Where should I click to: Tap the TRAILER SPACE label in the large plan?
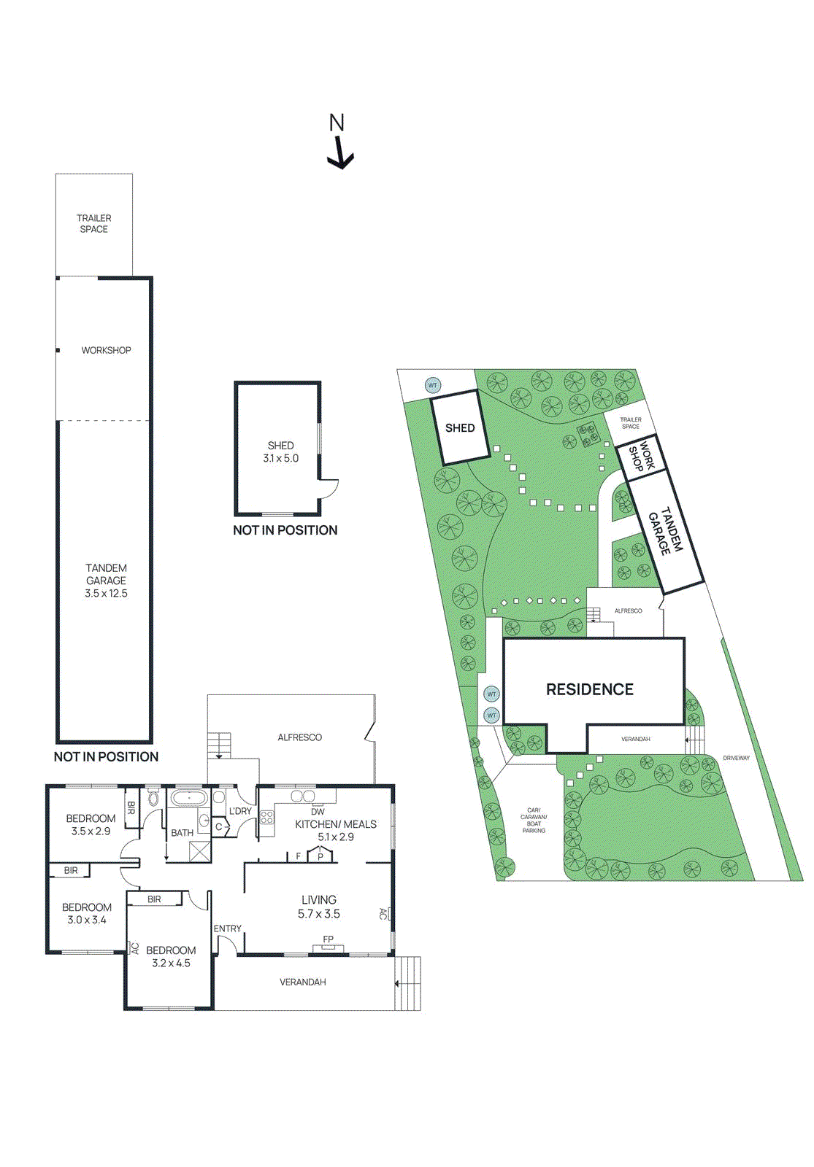pyautogui.click(x=93, y=223)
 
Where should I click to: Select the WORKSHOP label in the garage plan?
pyautogui.click(x=106, y=350)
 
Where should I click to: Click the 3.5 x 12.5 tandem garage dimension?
pyautogui.click(x=106, y=594)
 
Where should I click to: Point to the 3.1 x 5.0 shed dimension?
pyautogui.click(x=280, y=459)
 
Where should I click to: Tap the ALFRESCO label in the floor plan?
pyautogui.click(x=299, y=737)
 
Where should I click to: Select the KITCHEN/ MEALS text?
pyautogui.click(x=336, y=824)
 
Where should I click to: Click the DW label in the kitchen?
pyautogui.click(x=318, y=812)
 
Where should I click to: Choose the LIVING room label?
pyautogui.click(x=319, y=900)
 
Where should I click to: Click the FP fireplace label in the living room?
pyautogui.click(x=328, y=939)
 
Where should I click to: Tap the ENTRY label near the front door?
pyautogui.click(x=227, y=928)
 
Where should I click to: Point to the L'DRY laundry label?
pyautogui.click(x=240, y=811)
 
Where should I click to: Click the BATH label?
pyautogui.click(x=182, y=833)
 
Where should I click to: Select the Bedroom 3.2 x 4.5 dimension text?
pyautogui.click(x=171, y=964)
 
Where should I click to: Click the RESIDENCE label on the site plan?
pyautogui.click(x=590, y=689)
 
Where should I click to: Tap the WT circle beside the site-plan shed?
pyautogui.click(x=432, y=385)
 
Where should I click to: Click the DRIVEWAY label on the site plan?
pyautogui.click(x=736, y=758)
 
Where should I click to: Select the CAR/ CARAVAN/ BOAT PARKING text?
pyautogui.click(x=534, y=820)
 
